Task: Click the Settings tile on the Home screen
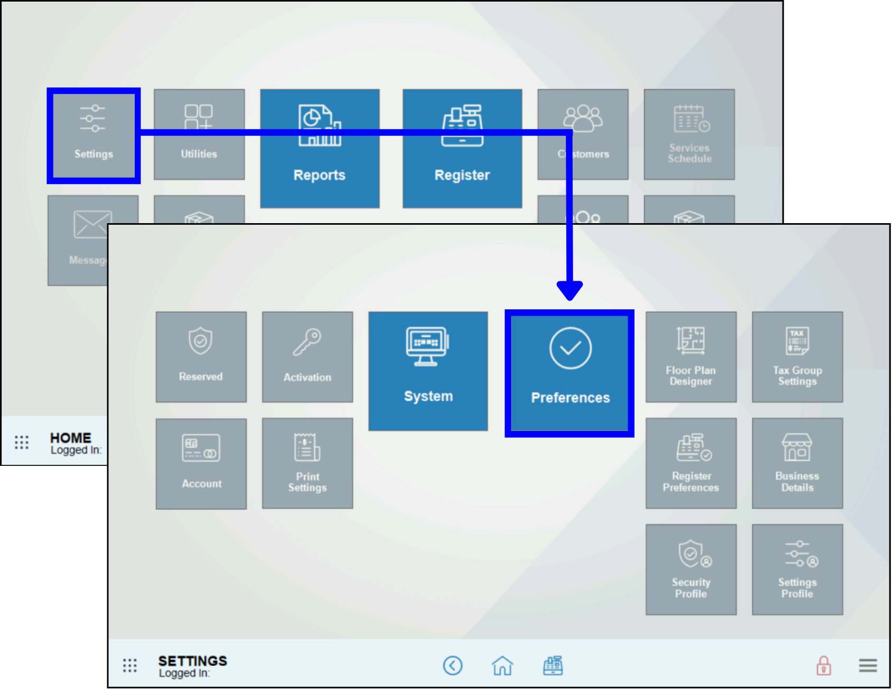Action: coord(94,135)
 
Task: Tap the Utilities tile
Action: coord(199,135)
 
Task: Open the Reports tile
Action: coord(319,149)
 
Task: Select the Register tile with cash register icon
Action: coord(462,149)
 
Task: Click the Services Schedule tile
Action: coord(689,135)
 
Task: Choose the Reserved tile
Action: coord(201,357)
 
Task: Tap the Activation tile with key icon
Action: coord(307,357)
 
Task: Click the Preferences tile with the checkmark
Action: coord(569,373)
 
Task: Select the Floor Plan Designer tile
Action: coord(691,357)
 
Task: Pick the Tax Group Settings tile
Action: coord(797,357)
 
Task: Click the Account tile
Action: coord(201,464)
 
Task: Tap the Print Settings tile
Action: coord(307,464)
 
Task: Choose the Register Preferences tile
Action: coord(691,464)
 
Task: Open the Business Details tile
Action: coord(797,464)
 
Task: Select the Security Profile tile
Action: coord(691,569)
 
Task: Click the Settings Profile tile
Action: coord(797,569)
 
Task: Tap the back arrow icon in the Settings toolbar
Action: coord(453,666)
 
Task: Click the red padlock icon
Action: coord(824,666)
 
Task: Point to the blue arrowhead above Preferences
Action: coord(569,290)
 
